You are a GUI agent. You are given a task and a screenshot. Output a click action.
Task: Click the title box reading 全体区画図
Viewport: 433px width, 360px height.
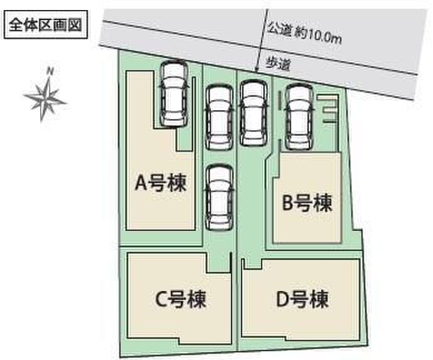pyautogui.click(x=46, y=24)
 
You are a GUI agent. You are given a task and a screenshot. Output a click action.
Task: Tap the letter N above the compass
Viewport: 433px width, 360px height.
pyautogui.click(x=50, y=71)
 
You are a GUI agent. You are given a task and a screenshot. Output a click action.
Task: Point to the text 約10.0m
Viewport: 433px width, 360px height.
pyautogui.click(x=318, y=36)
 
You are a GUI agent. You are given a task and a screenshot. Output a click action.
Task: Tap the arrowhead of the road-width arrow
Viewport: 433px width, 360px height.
pyautogui.click(x=257, y=69)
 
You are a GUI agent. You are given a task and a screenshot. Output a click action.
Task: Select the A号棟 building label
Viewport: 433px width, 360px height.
pyautogui.click(x=161, y=183)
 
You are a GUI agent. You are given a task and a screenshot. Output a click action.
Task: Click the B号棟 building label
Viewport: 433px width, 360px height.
pyautogui.click(x=306, y=203)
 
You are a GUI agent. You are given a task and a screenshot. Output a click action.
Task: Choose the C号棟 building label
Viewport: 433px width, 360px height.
pyautogui.click(x=181, y=299)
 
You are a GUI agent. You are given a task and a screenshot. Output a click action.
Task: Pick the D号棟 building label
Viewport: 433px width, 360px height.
pyautogui.click(x=302, y=299)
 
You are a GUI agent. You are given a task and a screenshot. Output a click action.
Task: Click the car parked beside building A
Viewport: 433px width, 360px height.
pyautogui.click(x=174, y=95)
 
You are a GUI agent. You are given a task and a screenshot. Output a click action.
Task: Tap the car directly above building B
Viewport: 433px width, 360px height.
pyautogui.click(x=299, y=117)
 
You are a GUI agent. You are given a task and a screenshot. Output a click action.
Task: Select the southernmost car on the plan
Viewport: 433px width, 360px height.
pyautogui.click(x=220, y=198)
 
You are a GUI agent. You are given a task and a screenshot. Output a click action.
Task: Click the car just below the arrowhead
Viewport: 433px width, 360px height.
pyautogui.click(x=254, y=113)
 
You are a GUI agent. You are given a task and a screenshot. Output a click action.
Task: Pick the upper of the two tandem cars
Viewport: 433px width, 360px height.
pyautogui.click(x=220, y=117)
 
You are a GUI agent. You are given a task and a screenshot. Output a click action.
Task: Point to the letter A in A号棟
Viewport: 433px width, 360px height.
pyautogui.click(x=141, y=183)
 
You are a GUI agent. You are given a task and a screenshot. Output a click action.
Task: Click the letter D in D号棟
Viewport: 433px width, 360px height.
pyautogui.click(x=283, y=299)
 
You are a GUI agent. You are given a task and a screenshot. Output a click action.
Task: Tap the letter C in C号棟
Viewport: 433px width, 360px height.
pyautogui.click(x=161, y=300)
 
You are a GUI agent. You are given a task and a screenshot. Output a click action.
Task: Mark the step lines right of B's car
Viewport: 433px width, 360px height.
pyautogui.click(x=328, y=109)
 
